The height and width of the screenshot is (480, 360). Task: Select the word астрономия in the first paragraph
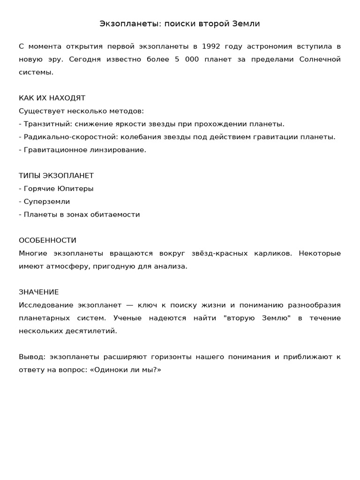pos(263,46)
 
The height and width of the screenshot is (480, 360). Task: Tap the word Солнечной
pos(320,60)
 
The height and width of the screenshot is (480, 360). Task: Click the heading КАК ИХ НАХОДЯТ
pos(52,98)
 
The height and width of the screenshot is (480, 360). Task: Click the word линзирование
pos(121,150)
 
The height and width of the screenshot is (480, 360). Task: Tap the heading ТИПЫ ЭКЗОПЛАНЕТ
pos(56,176)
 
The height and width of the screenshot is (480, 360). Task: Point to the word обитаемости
pos(118,215)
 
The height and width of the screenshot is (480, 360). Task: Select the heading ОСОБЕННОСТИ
pos(47,240)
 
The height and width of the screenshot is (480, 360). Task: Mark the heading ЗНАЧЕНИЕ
pos(39,292)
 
